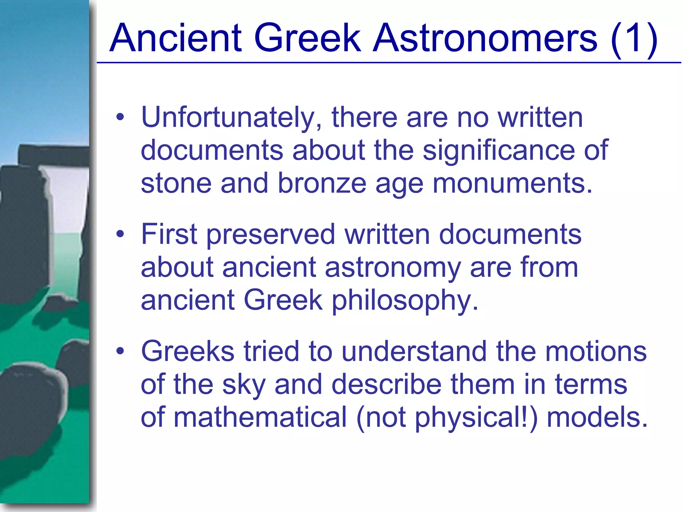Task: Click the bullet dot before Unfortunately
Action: tap(120, 117)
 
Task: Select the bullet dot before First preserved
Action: tap(120, 234)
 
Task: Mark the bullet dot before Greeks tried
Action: tap(120, 351)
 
